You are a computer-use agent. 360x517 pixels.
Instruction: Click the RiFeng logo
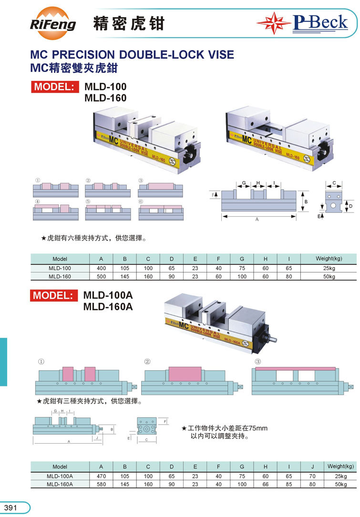pos(53,22)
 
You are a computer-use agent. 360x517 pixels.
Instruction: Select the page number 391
pos(10,508)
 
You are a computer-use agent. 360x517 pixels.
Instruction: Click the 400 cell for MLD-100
pos(101,268)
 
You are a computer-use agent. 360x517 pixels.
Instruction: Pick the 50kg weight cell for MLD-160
pos(329,276)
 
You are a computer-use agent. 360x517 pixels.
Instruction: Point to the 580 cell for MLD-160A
pos(101,484)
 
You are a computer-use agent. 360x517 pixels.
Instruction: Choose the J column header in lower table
pos(312,466)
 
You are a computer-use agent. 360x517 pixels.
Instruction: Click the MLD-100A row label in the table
pos(60,476)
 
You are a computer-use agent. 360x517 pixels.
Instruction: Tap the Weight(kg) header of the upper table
pos(329,259)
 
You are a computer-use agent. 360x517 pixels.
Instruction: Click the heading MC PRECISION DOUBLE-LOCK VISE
pos(132,54)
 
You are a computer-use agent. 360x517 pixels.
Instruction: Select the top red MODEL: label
pos(54,87)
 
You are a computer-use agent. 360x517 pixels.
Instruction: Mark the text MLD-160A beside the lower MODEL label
pos(108,306)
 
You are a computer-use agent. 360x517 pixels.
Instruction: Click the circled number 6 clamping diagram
pos(160,210)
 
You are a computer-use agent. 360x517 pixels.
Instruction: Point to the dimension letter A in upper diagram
pos(257,220)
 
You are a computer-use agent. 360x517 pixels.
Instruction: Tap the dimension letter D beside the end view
pos(350,206)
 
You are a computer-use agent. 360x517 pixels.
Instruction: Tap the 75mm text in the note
pos(260,428)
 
